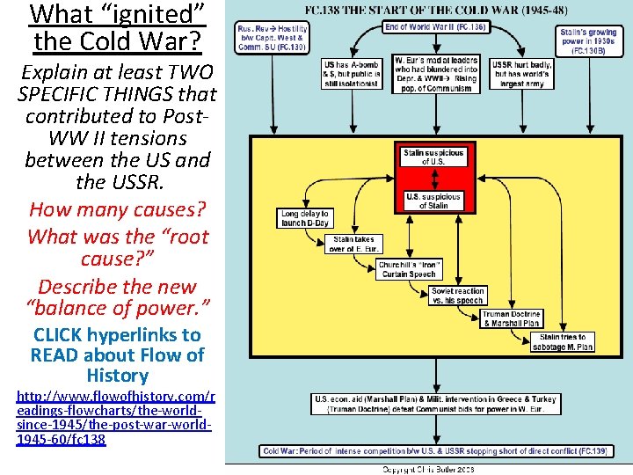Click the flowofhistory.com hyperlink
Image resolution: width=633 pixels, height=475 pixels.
tap(114, 413)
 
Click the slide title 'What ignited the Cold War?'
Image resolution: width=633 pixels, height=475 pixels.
tap(118, 27)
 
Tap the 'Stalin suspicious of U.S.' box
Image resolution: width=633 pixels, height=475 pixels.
tap(433, 157)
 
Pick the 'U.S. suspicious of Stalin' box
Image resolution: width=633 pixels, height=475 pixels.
tap(433, 201)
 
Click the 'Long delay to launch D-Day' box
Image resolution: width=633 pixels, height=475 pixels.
tap(304, 218)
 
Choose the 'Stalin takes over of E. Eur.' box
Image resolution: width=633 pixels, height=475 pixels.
tap(353, 244)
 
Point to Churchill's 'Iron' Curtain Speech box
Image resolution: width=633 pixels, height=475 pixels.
tap(410, 269)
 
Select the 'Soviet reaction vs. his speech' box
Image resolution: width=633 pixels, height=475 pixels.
tap(458, 296)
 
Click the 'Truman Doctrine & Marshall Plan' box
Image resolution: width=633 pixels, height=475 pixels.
tap(511, 318)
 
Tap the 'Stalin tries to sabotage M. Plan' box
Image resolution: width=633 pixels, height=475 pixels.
tap(566, 342)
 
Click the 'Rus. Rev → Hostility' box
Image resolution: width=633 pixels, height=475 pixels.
tap(272, 39)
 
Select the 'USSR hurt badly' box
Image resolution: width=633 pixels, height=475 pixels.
tap(522, 74)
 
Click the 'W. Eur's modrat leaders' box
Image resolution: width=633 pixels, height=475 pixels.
tap(436, 74)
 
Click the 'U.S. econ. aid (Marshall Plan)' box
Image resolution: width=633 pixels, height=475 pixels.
tap(435, 403)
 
